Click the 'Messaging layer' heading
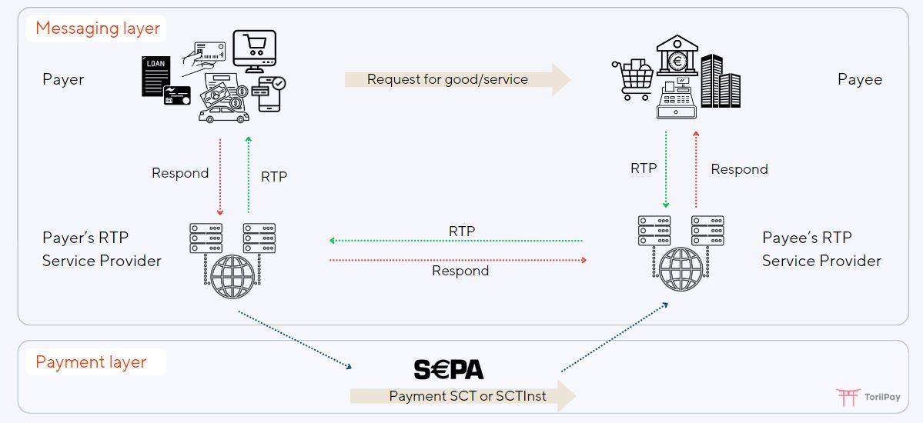(98, 29)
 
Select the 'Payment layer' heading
(91, 362)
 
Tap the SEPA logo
(449, 370)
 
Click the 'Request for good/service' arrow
(457, 79)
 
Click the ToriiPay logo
(868, 397)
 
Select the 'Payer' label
(63, 79)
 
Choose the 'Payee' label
(860, 79)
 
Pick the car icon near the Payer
(223, 115)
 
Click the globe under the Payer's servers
(232, 263)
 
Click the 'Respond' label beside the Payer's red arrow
(180, 173)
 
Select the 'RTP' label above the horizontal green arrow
(462, 231)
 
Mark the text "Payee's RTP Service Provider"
(821, 249)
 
